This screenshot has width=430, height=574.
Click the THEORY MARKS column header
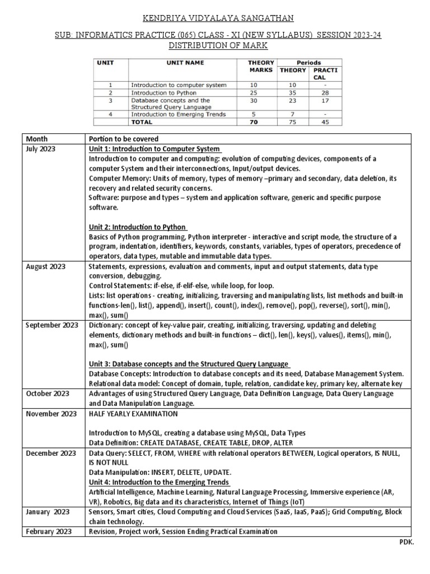[261, 66]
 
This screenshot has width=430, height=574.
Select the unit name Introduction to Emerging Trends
[178, 114]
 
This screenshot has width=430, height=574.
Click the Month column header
[37, 139]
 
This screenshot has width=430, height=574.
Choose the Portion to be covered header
[123, 139]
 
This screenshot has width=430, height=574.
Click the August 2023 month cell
[46, 266]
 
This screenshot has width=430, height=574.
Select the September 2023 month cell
[52, 325]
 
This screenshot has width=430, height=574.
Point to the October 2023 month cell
[48, 394]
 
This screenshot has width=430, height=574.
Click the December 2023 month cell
[51, 452]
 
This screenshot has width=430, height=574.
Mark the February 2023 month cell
[49, 531]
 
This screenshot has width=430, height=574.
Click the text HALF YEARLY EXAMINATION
[133, 414]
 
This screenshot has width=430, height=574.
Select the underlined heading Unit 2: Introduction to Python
[138, 227]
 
